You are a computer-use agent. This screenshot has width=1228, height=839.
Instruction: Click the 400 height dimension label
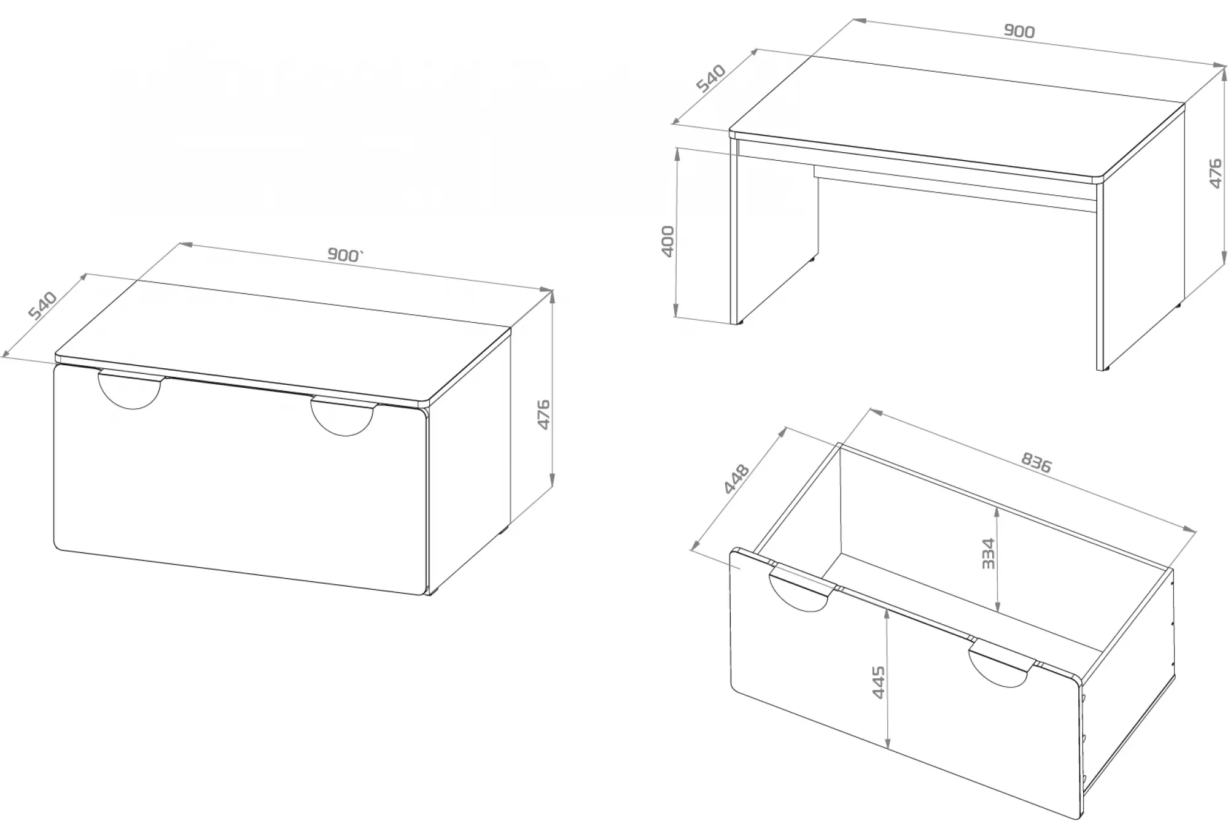(669, 241)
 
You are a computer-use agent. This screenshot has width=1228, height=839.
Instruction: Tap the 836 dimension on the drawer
(1036, 462)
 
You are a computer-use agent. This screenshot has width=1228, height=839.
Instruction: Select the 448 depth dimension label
(737, 479)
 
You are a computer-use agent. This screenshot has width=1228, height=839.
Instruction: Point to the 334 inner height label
(988, 554)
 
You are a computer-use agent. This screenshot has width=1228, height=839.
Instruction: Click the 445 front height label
(879, 682)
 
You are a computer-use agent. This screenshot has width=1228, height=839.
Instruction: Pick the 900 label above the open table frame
(1019, 31)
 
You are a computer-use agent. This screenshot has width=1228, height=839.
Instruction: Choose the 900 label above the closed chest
(345, 255)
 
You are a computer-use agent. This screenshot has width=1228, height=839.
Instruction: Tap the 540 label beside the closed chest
(44, 306)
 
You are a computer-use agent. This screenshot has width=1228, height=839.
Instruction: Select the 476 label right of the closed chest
(543, 414)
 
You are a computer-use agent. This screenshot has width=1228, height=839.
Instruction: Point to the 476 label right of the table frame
(1215, 174)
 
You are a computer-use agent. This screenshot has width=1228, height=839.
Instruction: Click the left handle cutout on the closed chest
(131, 390)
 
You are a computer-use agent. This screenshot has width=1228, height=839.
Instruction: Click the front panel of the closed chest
(241, 480)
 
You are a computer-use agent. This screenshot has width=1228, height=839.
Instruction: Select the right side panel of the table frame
(1141, 243)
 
